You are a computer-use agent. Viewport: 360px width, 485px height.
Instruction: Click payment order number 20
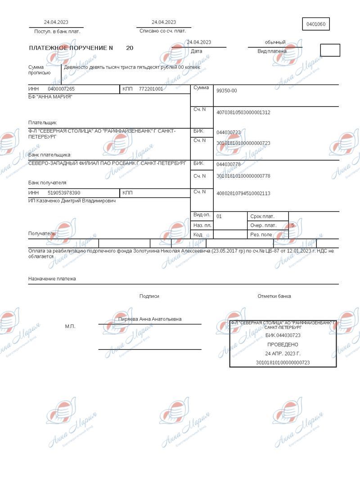click(x=130, y=48)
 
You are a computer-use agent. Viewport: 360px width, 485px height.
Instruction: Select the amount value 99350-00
click(x=226, y=91)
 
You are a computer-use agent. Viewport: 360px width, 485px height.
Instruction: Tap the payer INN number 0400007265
click(x=61, y=89)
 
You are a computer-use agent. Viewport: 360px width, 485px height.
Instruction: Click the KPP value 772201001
click(x=151, y=89)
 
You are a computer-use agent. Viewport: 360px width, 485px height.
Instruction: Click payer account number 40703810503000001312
click(x=243, y=112)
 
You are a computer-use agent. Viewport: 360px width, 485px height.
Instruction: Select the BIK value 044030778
click(x=228, y=164)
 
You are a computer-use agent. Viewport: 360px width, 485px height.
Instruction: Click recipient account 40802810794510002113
click(x=243, y=193)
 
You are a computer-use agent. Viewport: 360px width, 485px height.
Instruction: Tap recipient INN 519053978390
click(x=64, y=193)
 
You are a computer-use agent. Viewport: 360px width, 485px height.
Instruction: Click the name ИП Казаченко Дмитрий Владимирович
click(x=72, y=201)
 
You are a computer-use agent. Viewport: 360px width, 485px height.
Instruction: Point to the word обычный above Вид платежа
click(x=275, y=42)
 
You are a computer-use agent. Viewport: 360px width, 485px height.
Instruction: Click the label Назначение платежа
click(x=52, y=279)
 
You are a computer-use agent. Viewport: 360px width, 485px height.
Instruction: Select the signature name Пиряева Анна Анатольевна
click(x=150, y=319)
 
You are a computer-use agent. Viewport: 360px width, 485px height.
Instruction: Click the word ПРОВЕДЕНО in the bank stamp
click(x=283, y=344)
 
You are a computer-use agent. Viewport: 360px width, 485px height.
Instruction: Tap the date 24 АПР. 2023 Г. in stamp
click(x=283, y=353)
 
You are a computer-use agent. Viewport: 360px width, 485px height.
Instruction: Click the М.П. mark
click(x=70, y=326)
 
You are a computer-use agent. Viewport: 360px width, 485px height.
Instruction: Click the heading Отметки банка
click(x=274, y=296)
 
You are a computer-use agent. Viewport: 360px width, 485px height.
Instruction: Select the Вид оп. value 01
click(x=219, y=216)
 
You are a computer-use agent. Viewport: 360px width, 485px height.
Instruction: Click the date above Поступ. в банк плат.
click(x=56, y=22)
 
